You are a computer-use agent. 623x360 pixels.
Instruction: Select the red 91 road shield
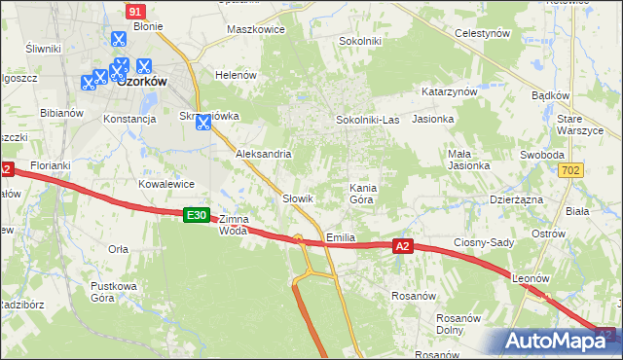click(136, 10)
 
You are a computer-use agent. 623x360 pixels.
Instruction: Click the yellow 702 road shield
click(571, 170)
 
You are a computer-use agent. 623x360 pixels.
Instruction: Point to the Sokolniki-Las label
click(367, 120)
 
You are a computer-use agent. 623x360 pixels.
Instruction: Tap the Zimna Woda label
click(234, 225)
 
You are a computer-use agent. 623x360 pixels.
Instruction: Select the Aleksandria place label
click(264, 154)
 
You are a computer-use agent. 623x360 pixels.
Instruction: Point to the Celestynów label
click(483, 33)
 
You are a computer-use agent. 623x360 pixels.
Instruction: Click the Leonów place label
click(531, 278)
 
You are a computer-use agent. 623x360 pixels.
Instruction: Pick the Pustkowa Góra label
click(111, 292)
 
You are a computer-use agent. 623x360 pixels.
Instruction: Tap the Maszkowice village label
click(255, 29)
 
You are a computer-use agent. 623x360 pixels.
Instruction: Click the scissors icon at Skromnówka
click(203, 123)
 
